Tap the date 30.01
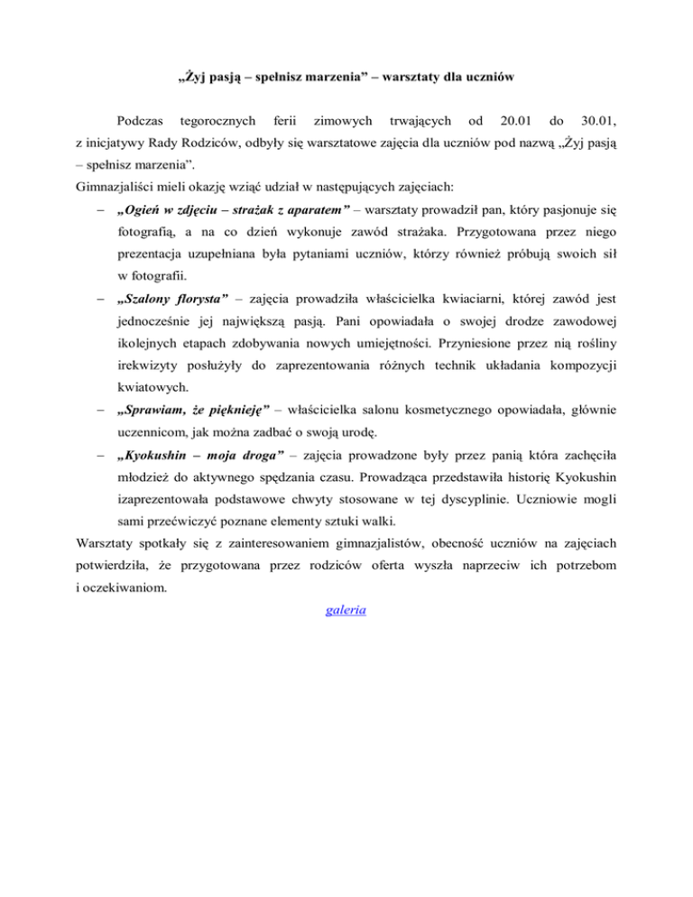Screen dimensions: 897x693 click(x=597, y=119)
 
